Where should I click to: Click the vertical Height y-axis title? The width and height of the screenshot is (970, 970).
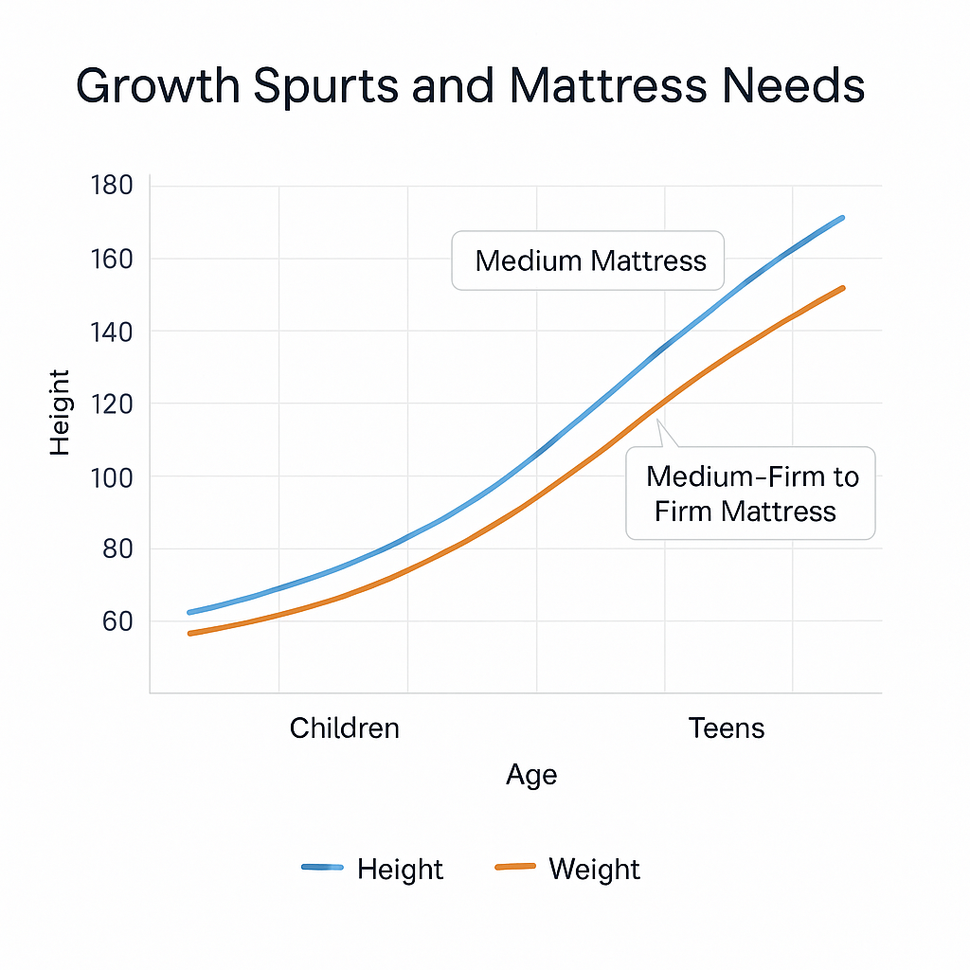coord(60,412)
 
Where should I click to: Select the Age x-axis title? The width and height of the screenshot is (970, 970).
coord(531,775)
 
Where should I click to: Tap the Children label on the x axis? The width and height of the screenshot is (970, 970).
coord(345,728)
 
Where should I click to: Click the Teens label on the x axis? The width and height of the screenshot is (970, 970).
coord(727,728)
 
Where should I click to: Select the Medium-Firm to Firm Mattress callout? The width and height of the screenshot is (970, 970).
coord(750,494)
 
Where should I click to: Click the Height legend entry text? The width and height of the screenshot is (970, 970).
coord(400,870)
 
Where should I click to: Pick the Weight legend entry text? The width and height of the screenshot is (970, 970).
coord(594,870)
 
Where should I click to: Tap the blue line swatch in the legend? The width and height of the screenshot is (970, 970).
coord(322,868)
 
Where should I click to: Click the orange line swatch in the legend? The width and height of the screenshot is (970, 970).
coord(515,868)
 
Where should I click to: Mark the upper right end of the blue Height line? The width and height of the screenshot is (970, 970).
coord(841,218)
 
